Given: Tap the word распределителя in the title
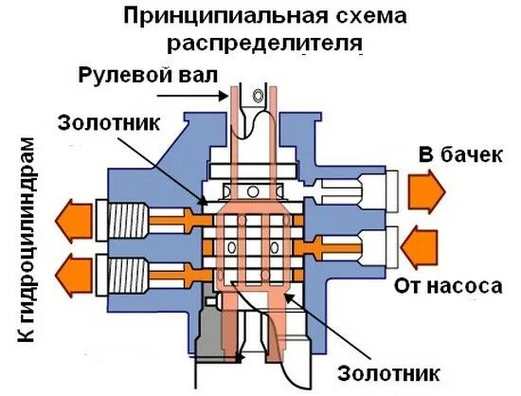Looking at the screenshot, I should tap(264, 44).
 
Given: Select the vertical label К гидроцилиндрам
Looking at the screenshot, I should tap(27, 246).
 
